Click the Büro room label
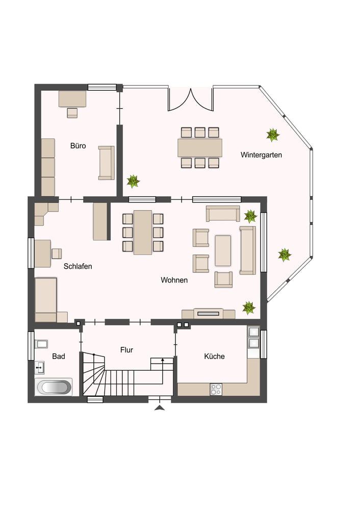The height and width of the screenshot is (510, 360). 78,145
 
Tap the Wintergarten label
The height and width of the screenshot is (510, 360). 261,155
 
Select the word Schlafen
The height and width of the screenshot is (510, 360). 78,266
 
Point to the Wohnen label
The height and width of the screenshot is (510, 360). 174,280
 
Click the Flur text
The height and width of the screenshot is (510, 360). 126,350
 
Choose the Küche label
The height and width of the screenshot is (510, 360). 214,356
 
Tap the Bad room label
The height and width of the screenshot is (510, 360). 59,356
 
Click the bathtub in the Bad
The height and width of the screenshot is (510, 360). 54,387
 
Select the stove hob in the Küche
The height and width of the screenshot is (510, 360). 216,389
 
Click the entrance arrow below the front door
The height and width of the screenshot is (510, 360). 160,408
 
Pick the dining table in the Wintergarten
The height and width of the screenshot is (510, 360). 200,148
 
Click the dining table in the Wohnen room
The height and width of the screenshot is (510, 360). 143,232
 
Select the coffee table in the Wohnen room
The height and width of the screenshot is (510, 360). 223,251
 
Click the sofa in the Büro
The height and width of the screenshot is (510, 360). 107,163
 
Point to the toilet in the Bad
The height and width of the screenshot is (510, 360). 41,344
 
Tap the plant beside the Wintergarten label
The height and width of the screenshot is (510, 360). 272,135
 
